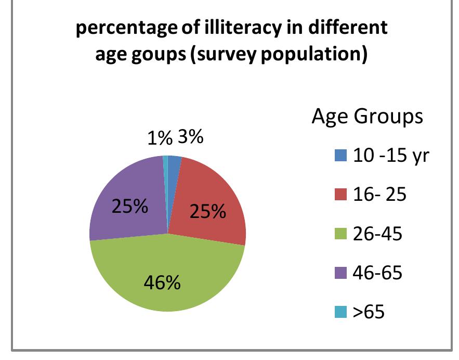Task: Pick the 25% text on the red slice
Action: click(208, 212)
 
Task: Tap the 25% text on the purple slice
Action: click(129, 207)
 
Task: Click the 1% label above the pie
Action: click(159, 139)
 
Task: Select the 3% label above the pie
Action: click(190, 138)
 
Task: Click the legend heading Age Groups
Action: click(367, 117)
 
